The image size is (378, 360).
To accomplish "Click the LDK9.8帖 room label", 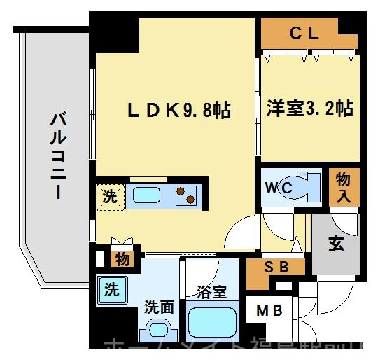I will (178, 110).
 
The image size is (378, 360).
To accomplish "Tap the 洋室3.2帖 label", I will (309, 109).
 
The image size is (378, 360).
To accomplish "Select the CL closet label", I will (304, 32).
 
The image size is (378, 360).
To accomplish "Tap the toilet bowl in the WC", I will (304, 186).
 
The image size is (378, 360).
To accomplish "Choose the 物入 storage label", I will (343, 187).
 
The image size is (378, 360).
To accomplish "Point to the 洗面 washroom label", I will (158, 306).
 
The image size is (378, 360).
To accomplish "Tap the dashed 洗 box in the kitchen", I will (110, 196).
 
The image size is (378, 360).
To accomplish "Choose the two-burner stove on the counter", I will (186, 195).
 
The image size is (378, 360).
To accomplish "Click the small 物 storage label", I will (120, 260).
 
